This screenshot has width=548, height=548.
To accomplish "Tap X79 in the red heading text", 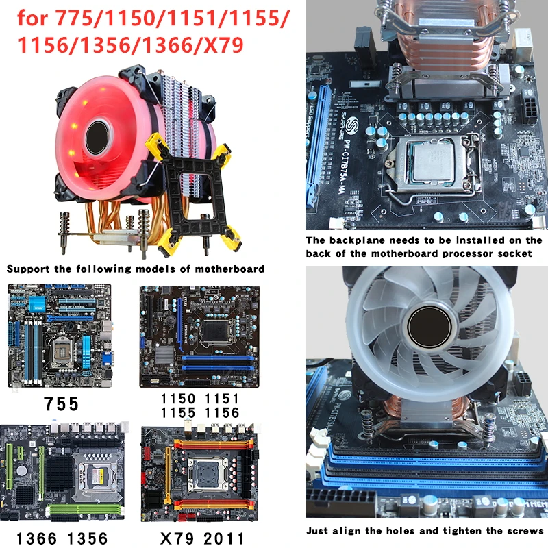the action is [223, 45].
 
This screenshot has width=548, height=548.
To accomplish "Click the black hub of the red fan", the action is [98, 138].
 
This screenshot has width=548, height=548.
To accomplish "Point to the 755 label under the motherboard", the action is [61, 404].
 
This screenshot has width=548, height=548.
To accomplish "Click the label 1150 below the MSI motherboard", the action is [178, 399].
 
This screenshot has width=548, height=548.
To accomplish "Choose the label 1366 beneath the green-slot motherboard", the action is [37, 538].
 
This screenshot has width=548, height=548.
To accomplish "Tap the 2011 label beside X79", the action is [224, 538].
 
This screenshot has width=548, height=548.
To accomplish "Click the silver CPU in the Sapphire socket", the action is [434, 162].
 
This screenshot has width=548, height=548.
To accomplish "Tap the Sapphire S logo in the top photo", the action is [352, 125].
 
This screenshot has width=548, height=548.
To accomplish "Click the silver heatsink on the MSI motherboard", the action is [164, 355].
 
